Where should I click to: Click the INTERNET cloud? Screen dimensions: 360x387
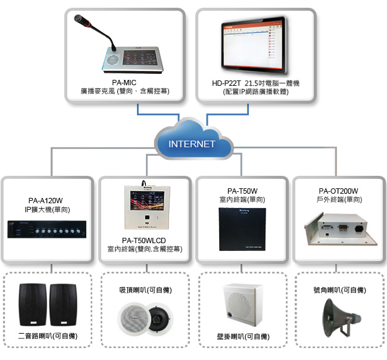coord(192,144)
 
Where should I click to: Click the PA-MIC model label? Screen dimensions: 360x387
coord(125,83)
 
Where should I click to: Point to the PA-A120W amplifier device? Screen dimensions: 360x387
coord(46,228)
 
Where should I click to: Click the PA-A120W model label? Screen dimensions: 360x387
coord(46,200)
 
